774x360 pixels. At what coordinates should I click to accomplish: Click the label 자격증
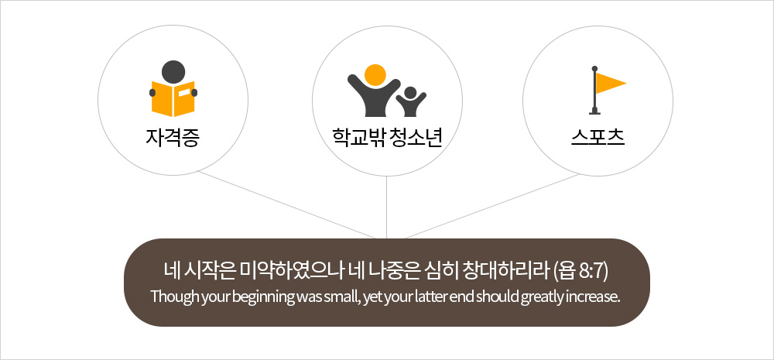[x=173, y=137]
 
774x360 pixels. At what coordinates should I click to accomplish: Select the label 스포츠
[x=598, y=137]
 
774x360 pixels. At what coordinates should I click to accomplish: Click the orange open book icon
[x=173, y=99]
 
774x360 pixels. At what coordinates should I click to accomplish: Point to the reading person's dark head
[x=173, y=72]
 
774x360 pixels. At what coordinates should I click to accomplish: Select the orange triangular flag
[x=611, y=83]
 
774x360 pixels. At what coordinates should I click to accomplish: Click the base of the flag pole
[x=594, y=112]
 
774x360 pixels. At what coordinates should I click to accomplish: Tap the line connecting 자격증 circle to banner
[x=287, y=204]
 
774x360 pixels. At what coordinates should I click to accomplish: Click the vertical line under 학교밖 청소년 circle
[x=386, y=207]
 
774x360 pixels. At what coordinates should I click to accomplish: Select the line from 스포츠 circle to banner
[x=491, y=206]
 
